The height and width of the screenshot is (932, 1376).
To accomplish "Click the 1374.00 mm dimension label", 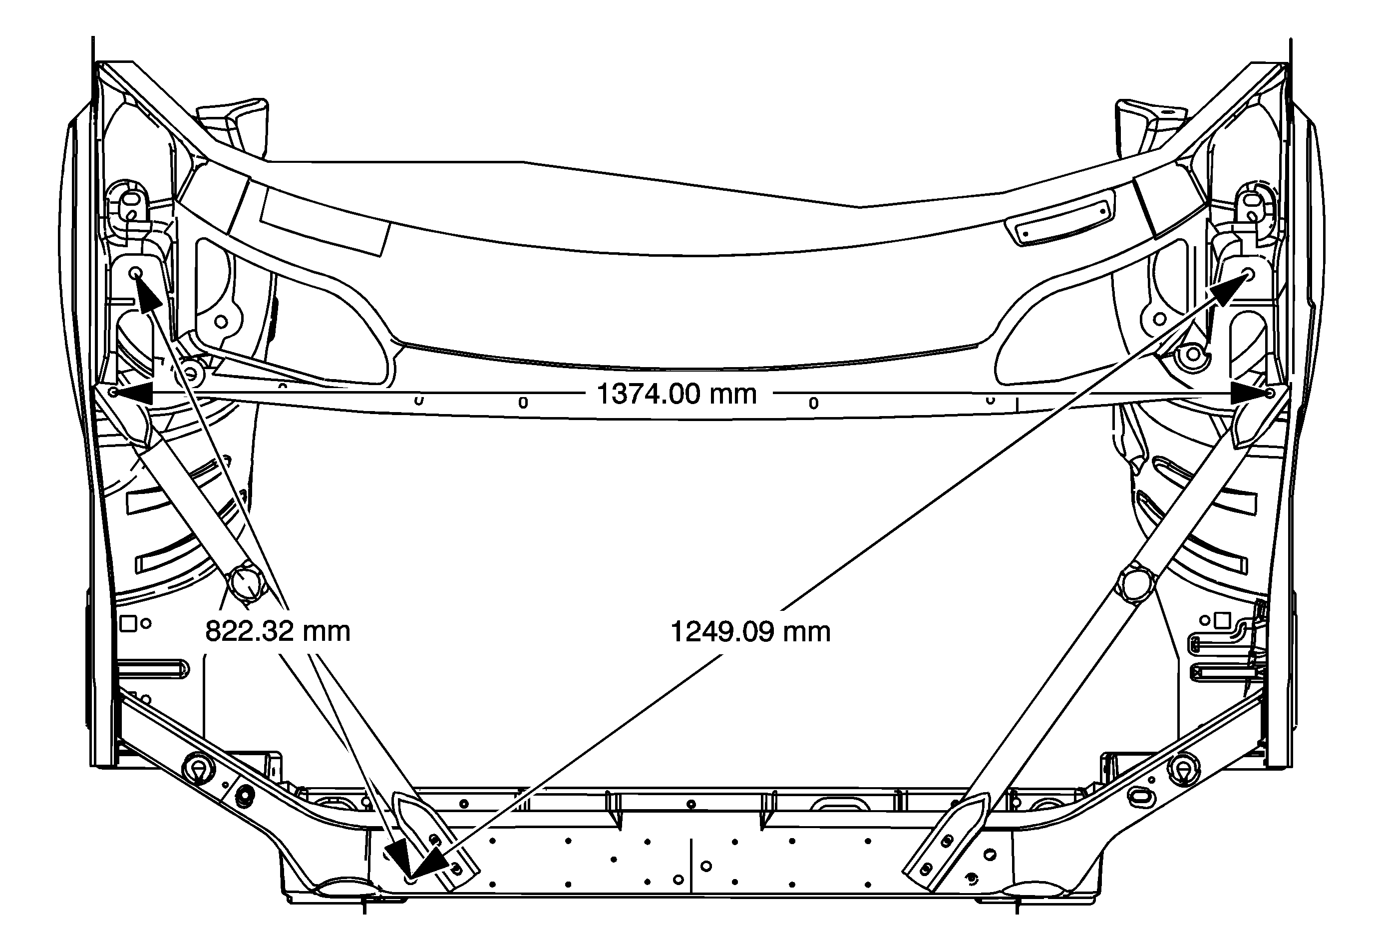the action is [677, 394].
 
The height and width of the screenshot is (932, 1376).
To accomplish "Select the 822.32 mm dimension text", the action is [278, 631].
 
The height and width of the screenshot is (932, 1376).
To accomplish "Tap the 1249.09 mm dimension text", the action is [750, 632].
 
